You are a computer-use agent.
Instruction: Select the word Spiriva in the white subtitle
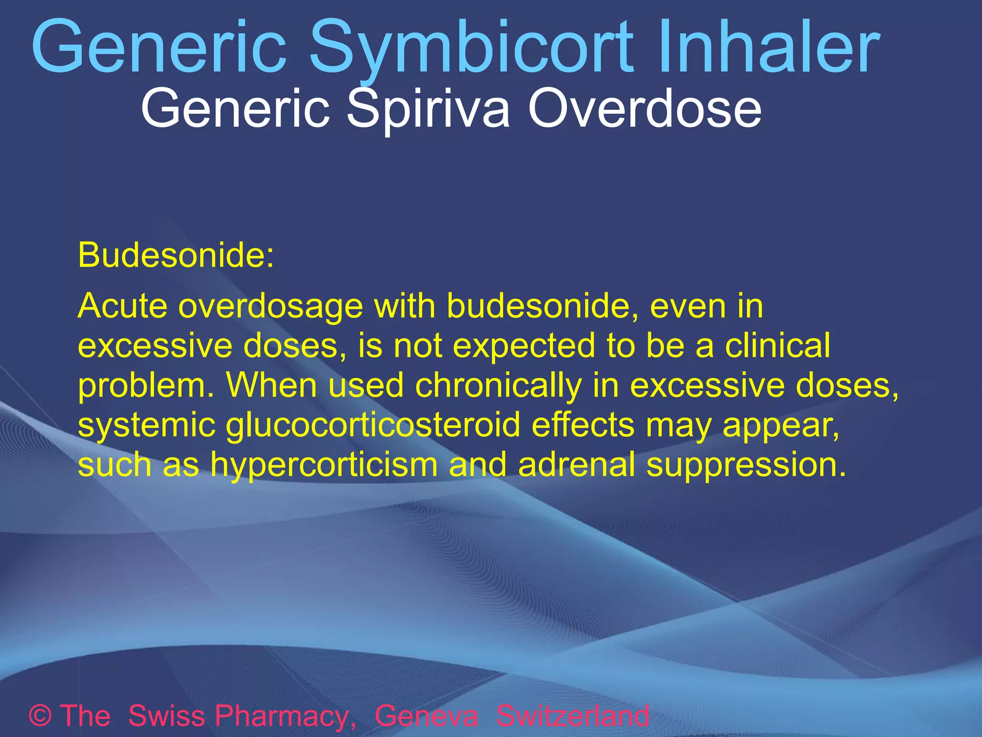[x=428, y=109]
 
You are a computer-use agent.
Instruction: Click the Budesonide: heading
[x=176, y=255]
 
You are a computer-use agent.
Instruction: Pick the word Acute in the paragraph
[x=123, y=306]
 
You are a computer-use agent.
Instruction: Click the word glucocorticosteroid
[x=373, y=425]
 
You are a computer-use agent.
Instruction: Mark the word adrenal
[x=577, y=464]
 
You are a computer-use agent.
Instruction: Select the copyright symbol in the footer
[x=41, y=716]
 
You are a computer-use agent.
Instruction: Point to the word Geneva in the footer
[x=426, y=716]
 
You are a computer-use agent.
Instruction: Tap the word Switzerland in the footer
[x=573, y=716]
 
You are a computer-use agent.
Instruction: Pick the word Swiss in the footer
[x=167, y=716]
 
